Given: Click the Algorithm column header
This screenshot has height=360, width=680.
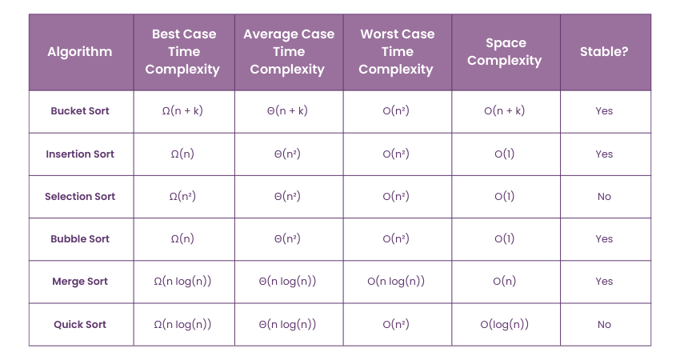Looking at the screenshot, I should click(80, 52).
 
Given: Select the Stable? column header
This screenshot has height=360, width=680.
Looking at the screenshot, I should click(604, 52).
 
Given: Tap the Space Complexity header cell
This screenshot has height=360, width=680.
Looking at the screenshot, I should click(505, 52).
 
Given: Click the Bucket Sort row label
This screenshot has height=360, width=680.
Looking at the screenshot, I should click(80, 111).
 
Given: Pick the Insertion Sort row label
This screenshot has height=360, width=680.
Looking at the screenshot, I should click(80, 154).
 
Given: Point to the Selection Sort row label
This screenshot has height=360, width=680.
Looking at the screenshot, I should click(80, 197).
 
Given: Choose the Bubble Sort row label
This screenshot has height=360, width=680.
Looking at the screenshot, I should click(80, 239).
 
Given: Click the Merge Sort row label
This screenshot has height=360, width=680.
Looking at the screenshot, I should click(80, 282).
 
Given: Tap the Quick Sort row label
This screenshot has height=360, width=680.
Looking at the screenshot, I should click(80, 325).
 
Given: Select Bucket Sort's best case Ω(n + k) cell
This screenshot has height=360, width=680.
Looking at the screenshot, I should click(182, 111).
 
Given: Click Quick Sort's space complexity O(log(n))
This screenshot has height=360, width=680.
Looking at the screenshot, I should click(505, 325).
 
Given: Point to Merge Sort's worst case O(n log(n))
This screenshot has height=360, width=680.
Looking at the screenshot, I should click(396, 282).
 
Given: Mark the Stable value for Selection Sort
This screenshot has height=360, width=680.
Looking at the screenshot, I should click(604, 197).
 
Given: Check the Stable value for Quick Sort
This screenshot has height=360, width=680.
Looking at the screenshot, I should click(604, 325).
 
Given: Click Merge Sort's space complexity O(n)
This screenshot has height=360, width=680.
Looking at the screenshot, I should click(505, 282).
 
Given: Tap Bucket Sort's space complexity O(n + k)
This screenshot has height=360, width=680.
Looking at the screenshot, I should click(505, 111).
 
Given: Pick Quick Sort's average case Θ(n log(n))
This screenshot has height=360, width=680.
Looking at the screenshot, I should click(287, 325).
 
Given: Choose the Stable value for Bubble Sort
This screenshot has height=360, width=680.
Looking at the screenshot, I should click(604, 239).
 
